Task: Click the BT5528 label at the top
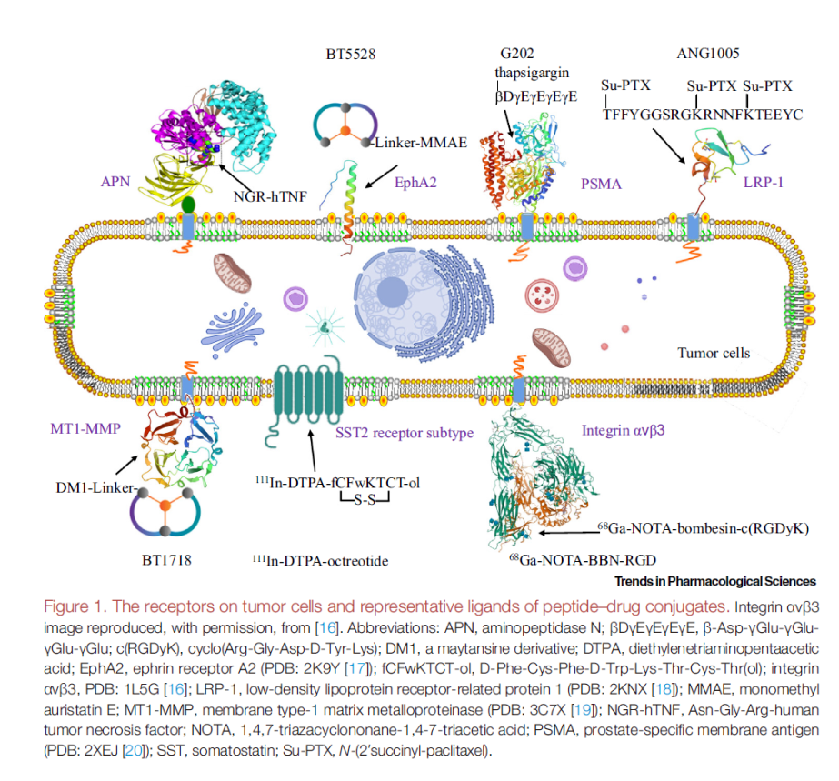click(351, 55)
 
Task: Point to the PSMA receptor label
click(601, 185)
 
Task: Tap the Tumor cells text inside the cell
click(714, 353)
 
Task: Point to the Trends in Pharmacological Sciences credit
click(715, 581)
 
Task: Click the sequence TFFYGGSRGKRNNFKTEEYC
click(702, 115)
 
